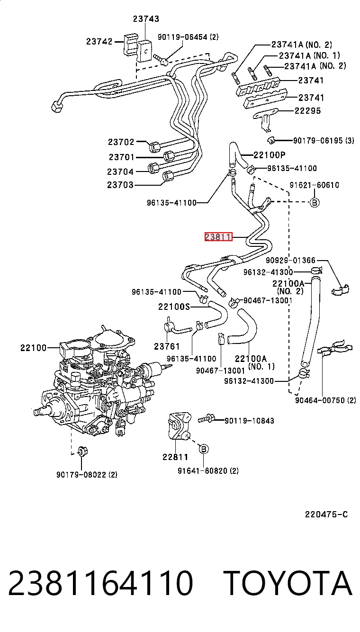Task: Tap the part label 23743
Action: pos(146,19)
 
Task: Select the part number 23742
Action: pos(99,42)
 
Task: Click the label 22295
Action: pos(307,110)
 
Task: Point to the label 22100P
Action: pos(270,155)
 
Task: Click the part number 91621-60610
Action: pos(315,185)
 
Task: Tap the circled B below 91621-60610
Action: pos(315,202)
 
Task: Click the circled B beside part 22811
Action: pos(204,449)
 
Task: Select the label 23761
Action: pos(167,346)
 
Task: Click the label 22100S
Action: pos(174,307)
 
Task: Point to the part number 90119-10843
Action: pos(250,421)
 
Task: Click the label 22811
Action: pos(175,457)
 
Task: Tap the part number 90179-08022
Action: pos(81,475)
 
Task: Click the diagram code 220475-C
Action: pos(326,515)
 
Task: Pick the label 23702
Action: pos(121,142)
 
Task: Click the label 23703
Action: pos(120,185)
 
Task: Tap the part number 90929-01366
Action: pos(290,260)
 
